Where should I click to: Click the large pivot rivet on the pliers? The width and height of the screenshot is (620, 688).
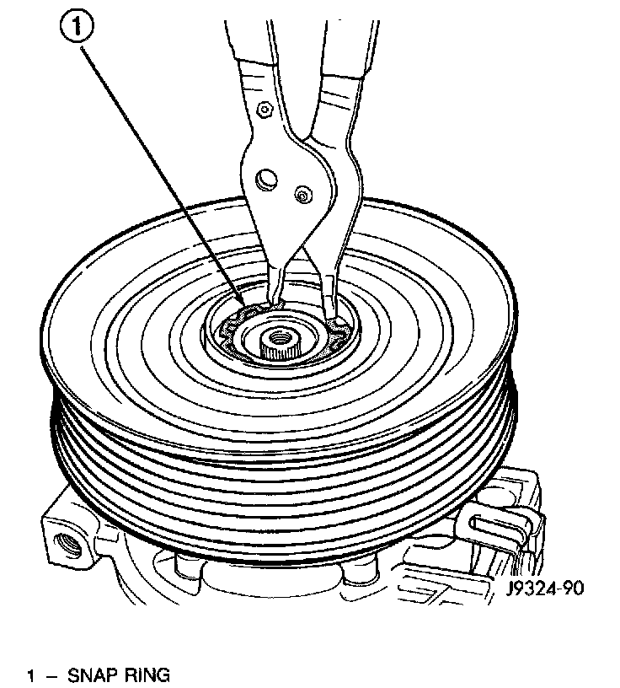coord(266,178)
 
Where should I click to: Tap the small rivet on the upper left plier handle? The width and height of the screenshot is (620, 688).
coord(264,109)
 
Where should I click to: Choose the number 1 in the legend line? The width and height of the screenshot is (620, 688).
coord(31,675)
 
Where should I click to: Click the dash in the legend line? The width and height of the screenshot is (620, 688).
coord(50,675)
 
